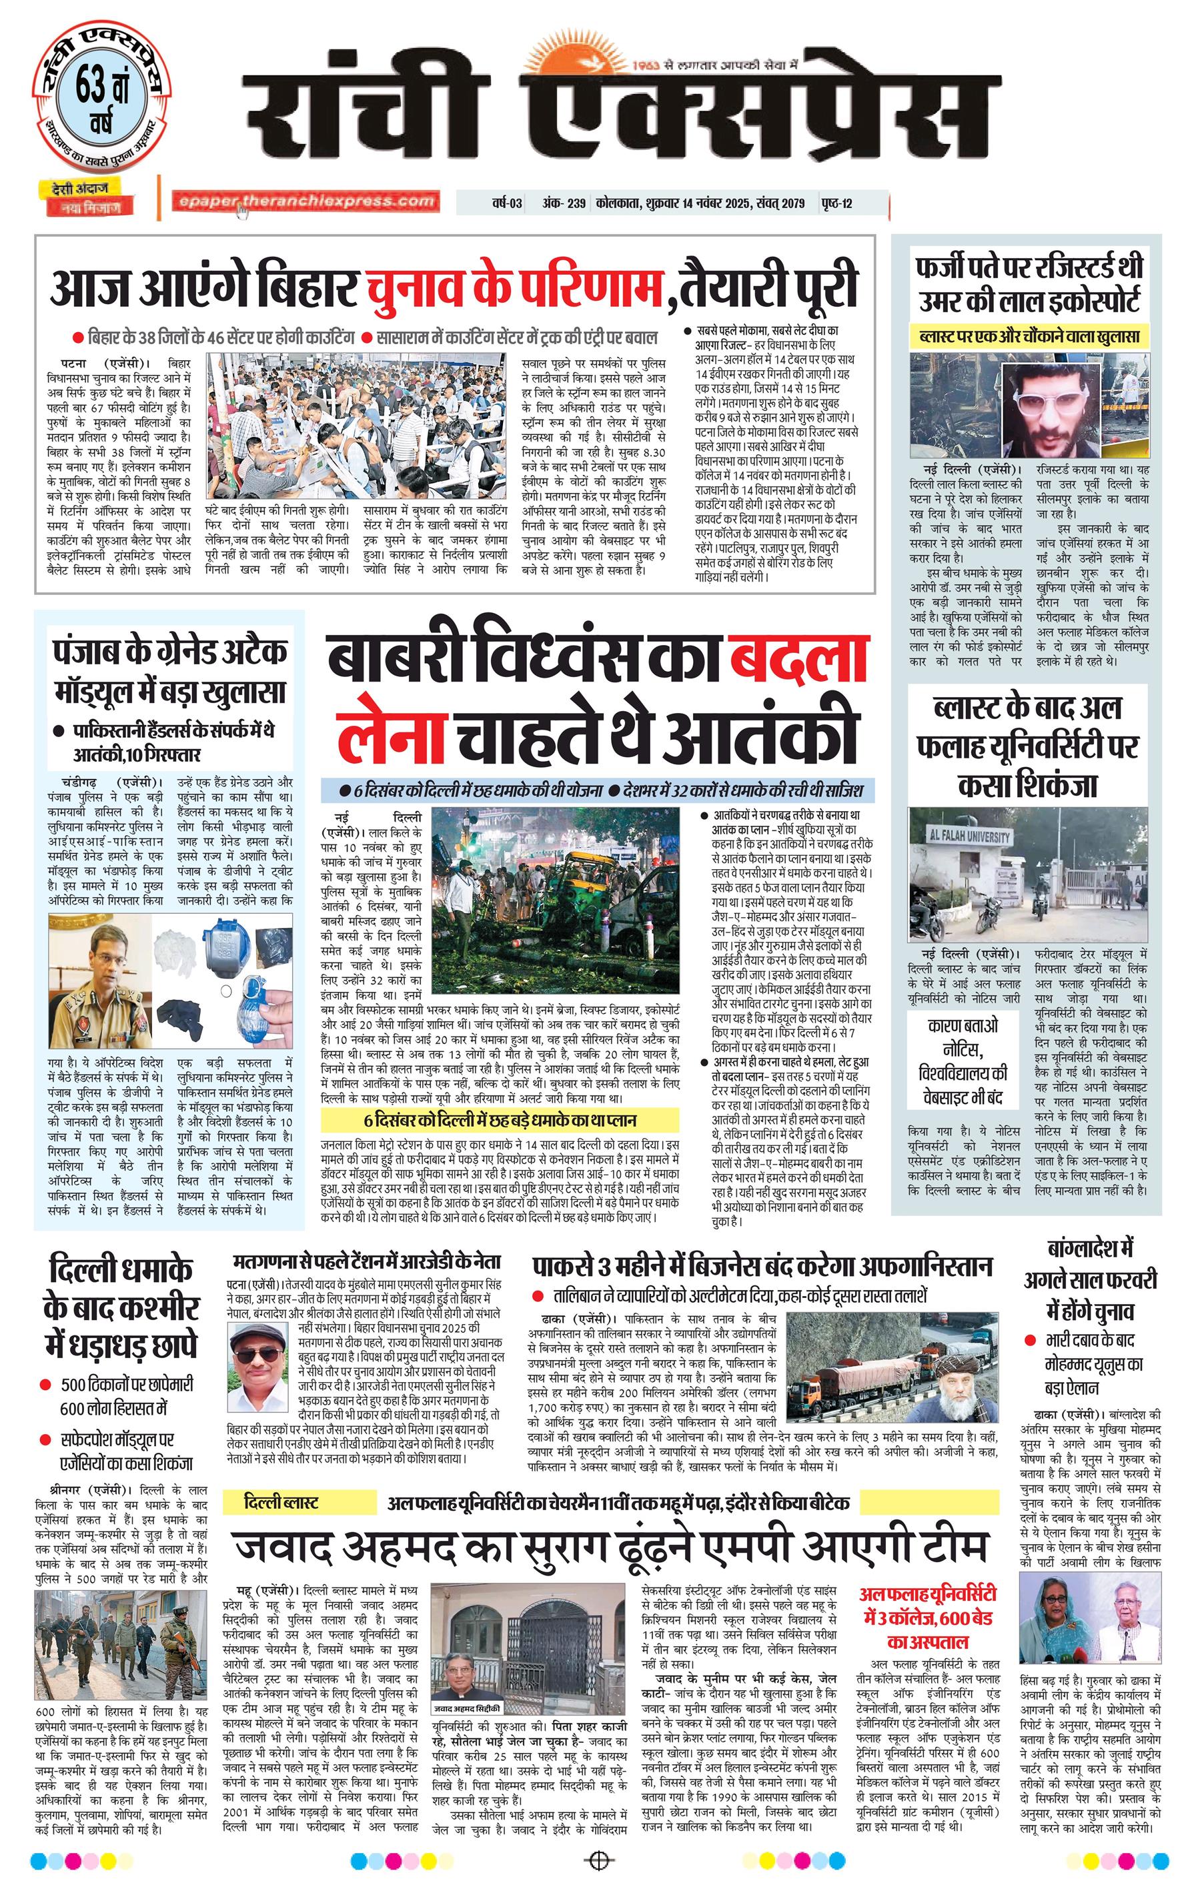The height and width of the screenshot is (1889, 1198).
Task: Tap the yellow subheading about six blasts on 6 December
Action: [499, 1120]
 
